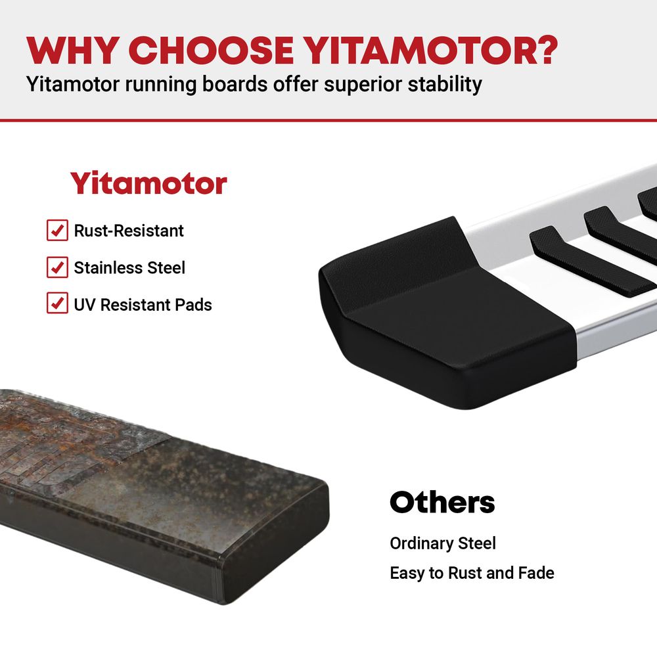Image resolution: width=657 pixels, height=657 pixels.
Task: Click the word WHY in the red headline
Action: click(72, 51)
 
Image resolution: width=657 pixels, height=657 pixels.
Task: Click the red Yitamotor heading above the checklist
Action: click(148, 183)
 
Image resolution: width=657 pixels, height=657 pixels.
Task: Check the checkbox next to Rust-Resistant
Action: click(57, 230)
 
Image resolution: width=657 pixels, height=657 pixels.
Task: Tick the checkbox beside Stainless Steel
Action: click(57, 267)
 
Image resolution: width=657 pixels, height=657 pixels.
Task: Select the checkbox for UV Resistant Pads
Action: click(57, 303)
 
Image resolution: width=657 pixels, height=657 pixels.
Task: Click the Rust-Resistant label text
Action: click(129, 231)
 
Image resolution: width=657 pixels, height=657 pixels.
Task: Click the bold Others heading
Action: click(442, 503)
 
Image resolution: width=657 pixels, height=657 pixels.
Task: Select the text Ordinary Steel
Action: click(442, 543)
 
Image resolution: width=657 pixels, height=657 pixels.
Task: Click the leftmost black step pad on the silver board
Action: click(591, 260)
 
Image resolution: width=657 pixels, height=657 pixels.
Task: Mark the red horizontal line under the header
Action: click(328, 120)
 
